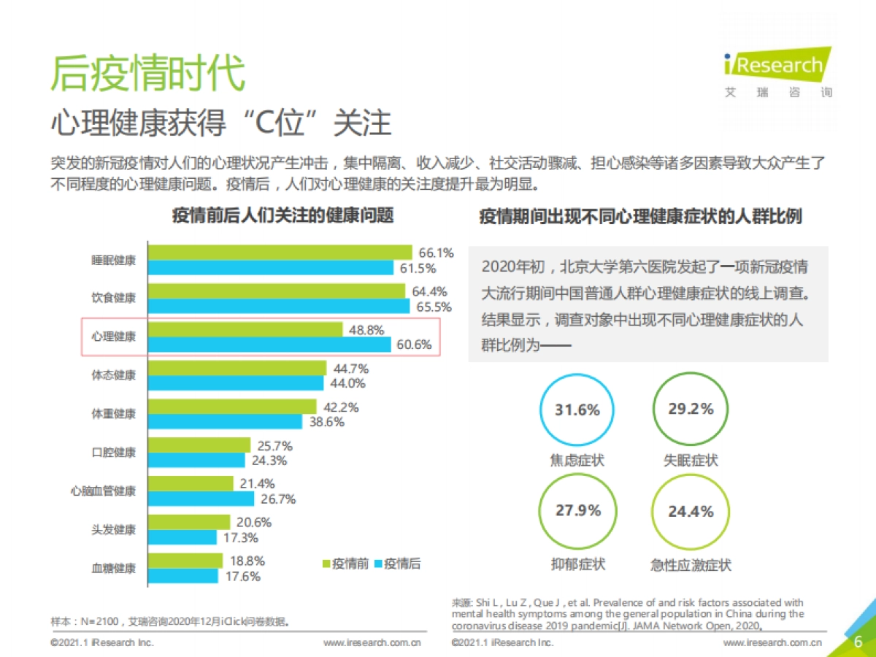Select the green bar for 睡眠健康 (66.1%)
pyautogui.click(x=280, y=253)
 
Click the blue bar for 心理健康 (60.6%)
pyautogui.click(x=270, y=345)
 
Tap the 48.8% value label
pyautogui.click(x=366, y=330)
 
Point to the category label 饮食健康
pyautogui.click(x=113, y=299)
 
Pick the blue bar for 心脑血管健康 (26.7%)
pyautogui.click(x=201, y=499)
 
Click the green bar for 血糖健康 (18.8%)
pyautogui.click(x=185, y=561)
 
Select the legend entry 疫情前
pyautogui.click(x=345, y=564)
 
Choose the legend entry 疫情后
pyautogui.click(x=397, y=564)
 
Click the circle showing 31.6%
pyautogui.click(x=577, y=410)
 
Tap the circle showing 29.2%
pyautogui.click(x=690, y=410)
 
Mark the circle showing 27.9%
pyautogui.click(x=577, y=511)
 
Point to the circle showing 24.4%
pyautogui.click(x=690, y=511)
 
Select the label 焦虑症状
pyautogui.click(x=577, y=461)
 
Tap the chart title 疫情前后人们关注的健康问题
pyautogui.click(x=283, y=216)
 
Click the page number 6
pyautogui.click(x=858, y=642)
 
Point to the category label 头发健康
pyautogui.click(x=113, y=530)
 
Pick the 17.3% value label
pyautogui.click(x=239, y=538)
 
